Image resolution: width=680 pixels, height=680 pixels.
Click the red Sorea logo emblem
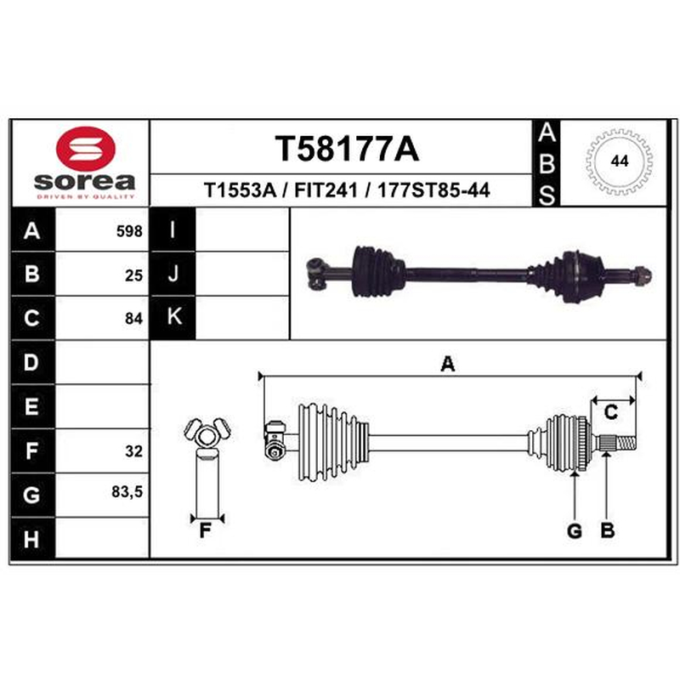click(x=86, y=148)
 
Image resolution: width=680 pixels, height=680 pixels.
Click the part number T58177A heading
click(x=347, y=149)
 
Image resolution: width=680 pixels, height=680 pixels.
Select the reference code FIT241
click(x=326, y=190)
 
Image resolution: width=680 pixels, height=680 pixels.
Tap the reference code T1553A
click(x=240, y=190)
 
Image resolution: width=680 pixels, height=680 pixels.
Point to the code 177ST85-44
click(x=433, y=190)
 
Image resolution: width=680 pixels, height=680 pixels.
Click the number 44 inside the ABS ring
click(x=620, y=161)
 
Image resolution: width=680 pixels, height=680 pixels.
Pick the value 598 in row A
click(x=129, y=231)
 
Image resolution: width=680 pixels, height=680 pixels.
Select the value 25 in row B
click(x=133, y=275)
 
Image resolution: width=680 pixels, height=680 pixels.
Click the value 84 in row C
click(x=133, y=318)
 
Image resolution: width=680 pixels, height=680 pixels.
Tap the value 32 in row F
click(x=133, y=451)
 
